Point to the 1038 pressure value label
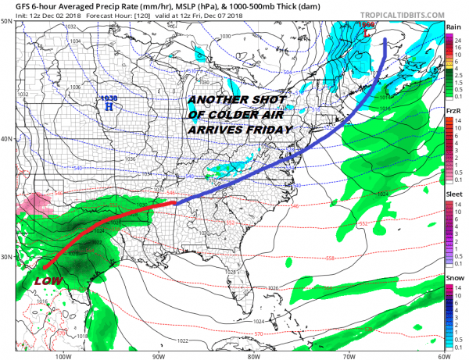(109, 98)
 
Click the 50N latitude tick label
(6, 22)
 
